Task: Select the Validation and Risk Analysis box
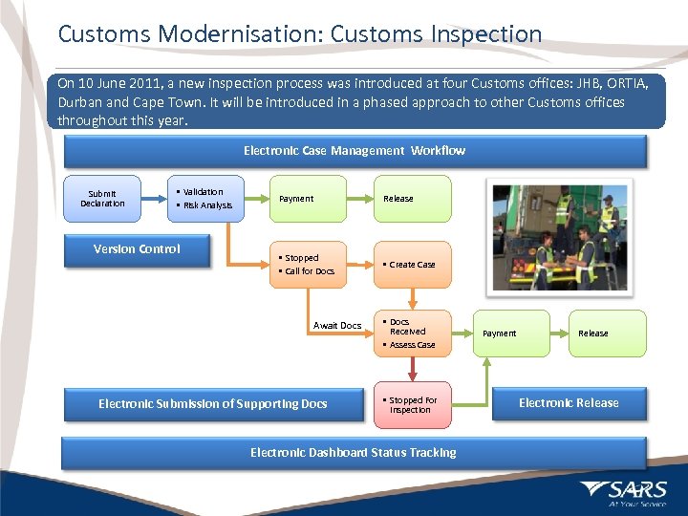pos(204,198)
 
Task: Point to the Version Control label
pos(137,249)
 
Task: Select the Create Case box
pos(412,265)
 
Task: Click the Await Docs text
pos(337,326)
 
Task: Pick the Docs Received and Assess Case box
pos(412,333)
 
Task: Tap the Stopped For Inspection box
pos(412,405)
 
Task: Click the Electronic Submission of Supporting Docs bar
pos(212,404)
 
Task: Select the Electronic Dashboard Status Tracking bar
pos(354,453)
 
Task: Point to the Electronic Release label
pos(569,403)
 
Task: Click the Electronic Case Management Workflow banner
pos(354,151)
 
